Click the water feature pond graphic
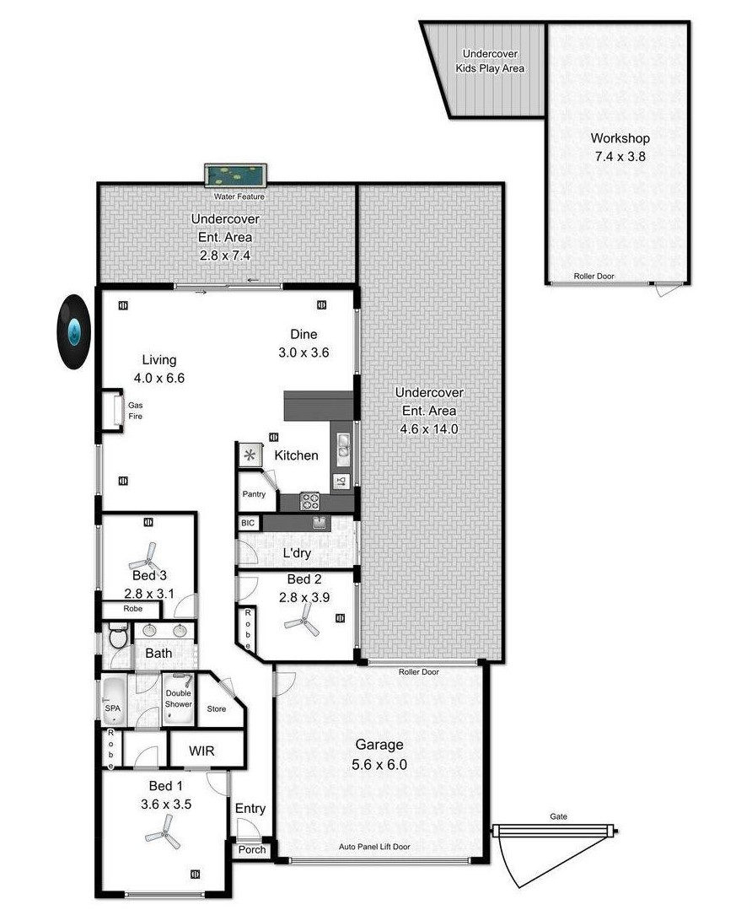pyautogui.click(x=235, y=175)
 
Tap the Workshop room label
pyautogui.click(x=620, y=138)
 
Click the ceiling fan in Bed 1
pyautogui.click(x=164, y=832)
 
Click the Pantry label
pyautogui.click(x=254, y=494)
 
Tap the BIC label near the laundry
pyautogui.click(x=248, y=523)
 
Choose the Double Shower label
pyautogui.click(x=179, y=698)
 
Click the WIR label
pyautogui.click(x=201, y=751)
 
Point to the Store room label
pyautogui.click(x=217, y=709)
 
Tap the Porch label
pyautogui.click(x=252, y=850)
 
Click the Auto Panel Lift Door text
pyautogui.click(x=374, y=847)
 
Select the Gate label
pyautogui.click(x=558, y=816)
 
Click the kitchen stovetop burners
pyautogui.click(x=309, y=501)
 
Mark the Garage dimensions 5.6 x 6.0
pyautogui.click(x=379, y=764)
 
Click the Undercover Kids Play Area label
pyautogui.click(x=490, y=61)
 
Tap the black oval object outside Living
pyautogui.click(x=73, y=332)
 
